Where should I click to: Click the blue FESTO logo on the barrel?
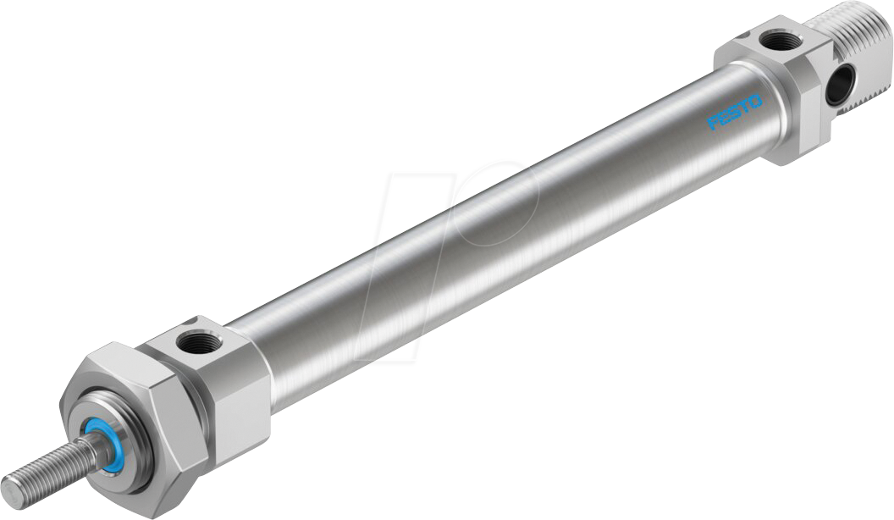pyautogui.click(x=735, y=111)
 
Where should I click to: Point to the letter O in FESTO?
pyautogui.click(x=754, y=100)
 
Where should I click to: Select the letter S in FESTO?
pyautogui.click(x=735, y=112)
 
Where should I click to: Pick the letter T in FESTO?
pyautogui.click(x=745, y=106)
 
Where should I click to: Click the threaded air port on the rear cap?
pyautogui.click(x=771, y=39)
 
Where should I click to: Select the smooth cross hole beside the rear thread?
pyautogui.click(x=838, y=86)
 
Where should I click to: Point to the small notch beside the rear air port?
pyautogui.click(x=737, y=38)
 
